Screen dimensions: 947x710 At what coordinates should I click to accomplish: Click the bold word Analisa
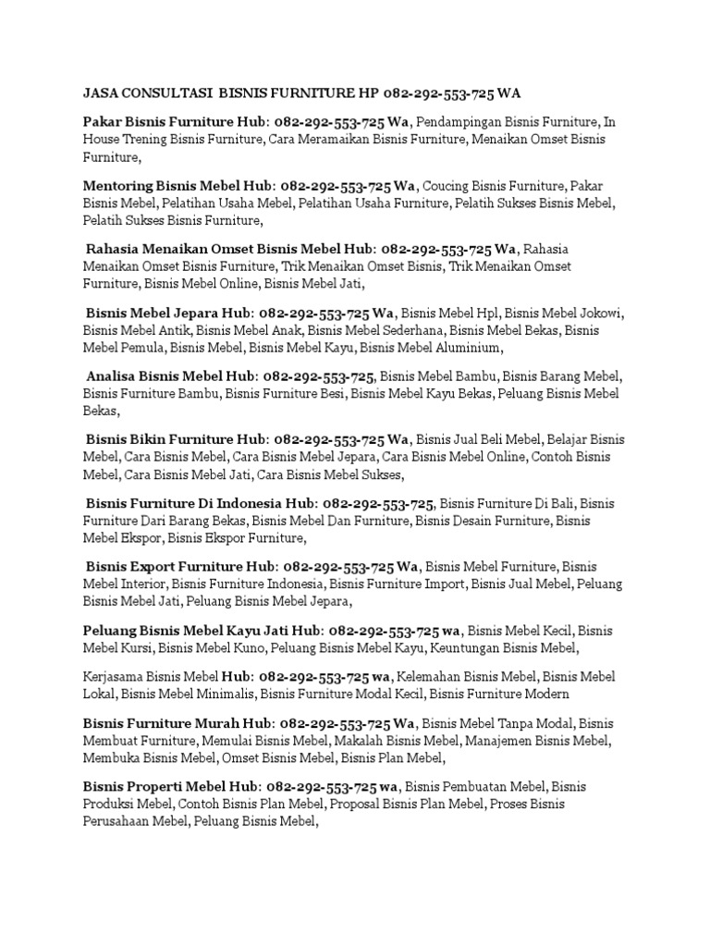coord(115,376)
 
